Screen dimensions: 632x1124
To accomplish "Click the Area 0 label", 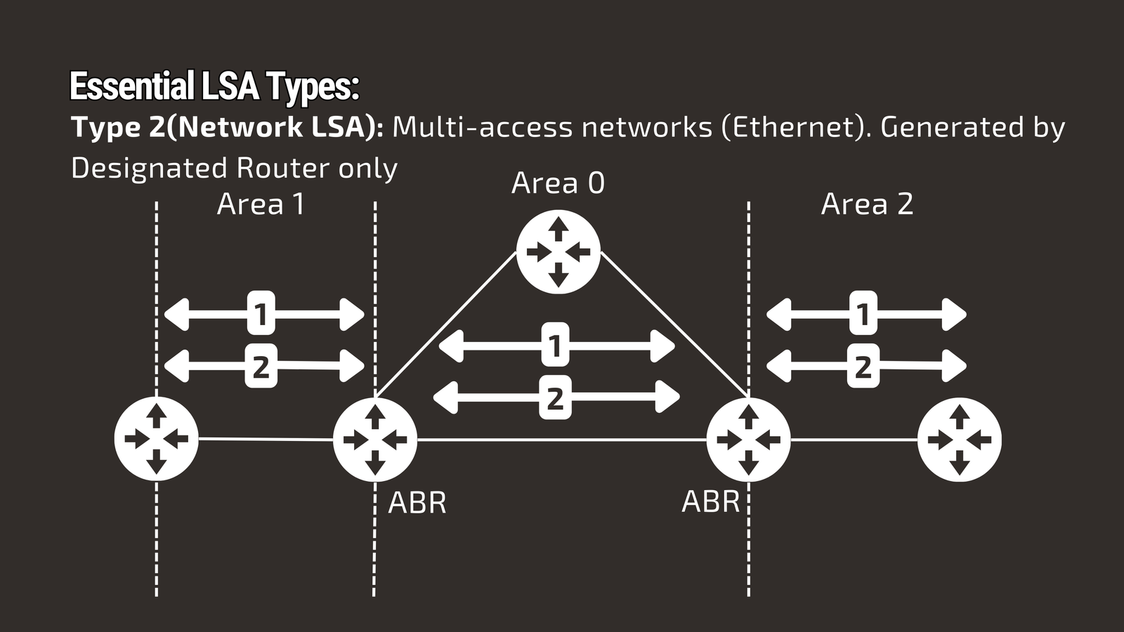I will point(558,183).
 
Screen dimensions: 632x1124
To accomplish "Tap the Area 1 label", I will point(261,204).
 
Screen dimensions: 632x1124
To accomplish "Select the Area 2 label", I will point(867,204).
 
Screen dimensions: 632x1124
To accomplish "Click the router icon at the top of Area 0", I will point(558,252).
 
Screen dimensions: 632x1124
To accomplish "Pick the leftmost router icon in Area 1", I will point(156,440).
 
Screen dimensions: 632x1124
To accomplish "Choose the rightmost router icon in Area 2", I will point(959,440).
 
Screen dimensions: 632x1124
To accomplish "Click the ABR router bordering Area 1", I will point(374,440).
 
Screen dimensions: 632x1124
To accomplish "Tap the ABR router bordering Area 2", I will point(748,440).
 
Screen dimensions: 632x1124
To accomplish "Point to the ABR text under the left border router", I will point(417,503).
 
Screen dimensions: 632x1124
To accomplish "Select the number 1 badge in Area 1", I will point(261,313).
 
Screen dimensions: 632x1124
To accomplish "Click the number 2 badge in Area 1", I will point(261,366).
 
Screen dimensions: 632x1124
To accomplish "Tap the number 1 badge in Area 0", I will point(555,345).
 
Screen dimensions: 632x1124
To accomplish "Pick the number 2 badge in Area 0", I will point(555,397).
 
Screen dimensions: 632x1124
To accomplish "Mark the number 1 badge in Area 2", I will point(863,313).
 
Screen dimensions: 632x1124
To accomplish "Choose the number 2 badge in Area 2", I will point(863,366).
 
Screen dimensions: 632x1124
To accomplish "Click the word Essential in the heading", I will point(132,87).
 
